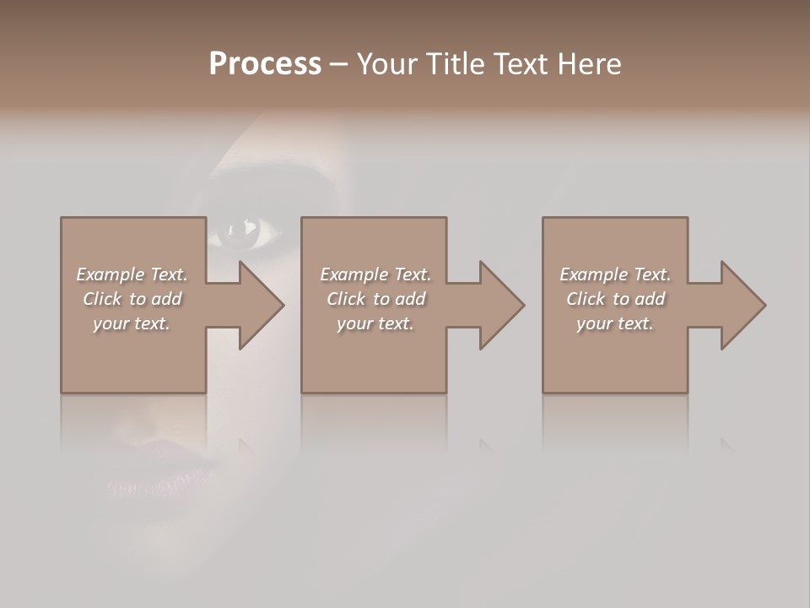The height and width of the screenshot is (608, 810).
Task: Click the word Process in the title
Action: [x=265, y=64]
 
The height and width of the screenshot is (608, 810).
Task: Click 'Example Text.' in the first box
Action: [x=132, y=274]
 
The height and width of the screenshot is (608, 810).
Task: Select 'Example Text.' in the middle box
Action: [x=375, y=274]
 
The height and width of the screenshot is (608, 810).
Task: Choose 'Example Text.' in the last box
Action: [x=615, y=274]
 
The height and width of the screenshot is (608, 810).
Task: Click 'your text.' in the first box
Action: [x=132, y=323]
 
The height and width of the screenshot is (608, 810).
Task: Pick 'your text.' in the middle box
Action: [x=375, y=323]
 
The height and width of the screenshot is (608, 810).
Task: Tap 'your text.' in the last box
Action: [x=615, y=323]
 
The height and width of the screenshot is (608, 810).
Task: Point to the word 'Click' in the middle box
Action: [x=346, y=299]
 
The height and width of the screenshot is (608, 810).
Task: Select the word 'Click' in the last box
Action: [x=586, y=299]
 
